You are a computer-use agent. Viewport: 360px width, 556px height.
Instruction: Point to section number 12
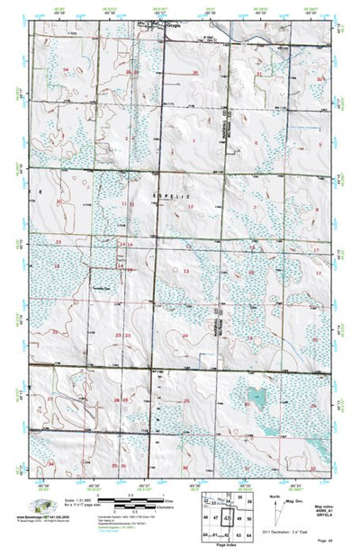coord(191,206)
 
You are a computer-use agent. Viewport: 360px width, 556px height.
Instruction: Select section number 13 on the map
coord(186,270)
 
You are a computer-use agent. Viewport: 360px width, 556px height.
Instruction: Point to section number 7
coord(255,206)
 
